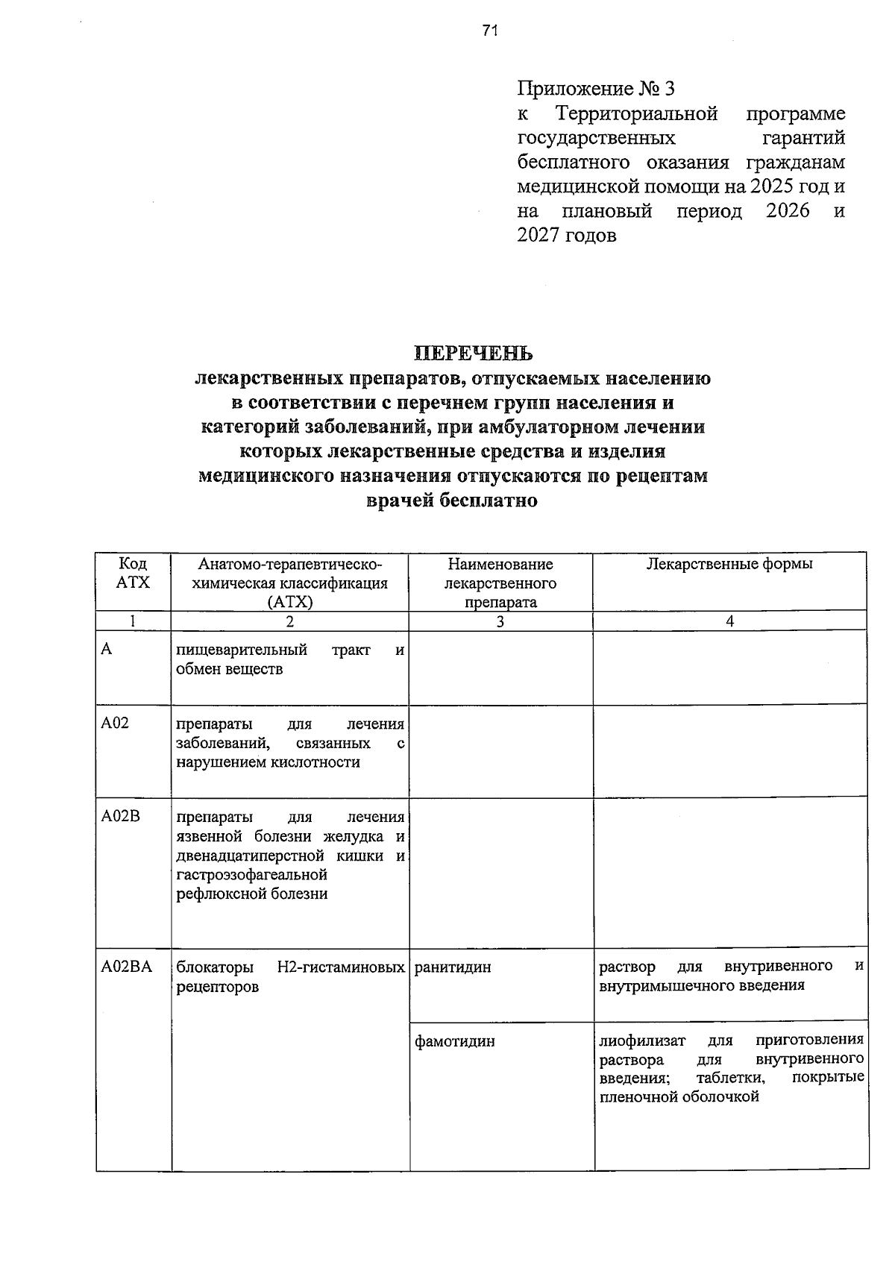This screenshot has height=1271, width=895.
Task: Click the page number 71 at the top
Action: click(489, 31)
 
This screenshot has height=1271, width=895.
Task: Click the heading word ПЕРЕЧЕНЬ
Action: click(474, 352)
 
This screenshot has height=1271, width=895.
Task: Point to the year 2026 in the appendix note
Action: click(788, 211)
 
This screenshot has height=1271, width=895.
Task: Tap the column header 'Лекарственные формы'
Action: click(729, 564)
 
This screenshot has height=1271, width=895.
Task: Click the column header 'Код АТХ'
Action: click(133, 573)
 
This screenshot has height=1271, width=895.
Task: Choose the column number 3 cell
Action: click(500, 621)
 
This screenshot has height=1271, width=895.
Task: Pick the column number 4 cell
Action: click(729, 621)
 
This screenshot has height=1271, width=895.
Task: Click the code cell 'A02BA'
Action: click(127, 967)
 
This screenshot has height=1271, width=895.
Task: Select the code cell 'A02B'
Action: click(121, 817)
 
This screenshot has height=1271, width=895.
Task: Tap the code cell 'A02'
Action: click(116, 723)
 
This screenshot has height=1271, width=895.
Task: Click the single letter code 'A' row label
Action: click(107, 649)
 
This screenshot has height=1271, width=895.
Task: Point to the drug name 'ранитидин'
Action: click(453, 967)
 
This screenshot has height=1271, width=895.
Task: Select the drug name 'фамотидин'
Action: click(454, 1041)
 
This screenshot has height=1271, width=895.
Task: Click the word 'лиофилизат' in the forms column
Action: click(642, 1040)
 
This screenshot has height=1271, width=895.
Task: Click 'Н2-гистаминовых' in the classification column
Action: click(341, 967)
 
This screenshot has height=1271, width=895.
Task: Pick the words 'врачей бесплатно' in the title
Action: click(452, 501)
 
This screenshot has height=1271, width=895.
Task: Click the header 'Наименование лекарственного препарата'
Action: click(500, 583)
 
